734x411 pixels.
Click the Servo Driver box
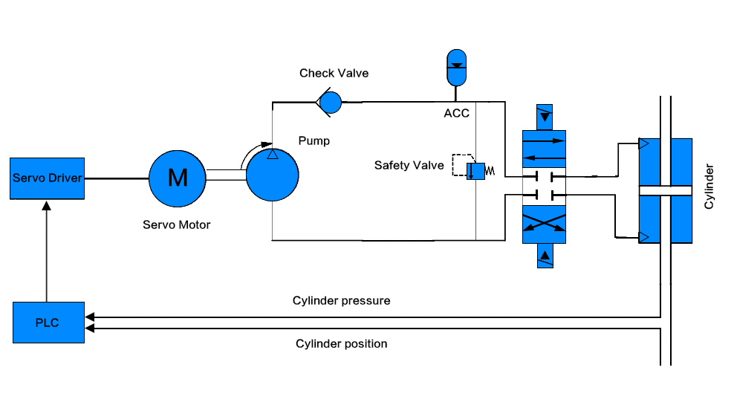(46, 178)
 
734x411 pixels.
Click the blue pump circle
(273, 174)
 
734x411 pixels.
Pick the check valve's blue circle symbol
(330, 101)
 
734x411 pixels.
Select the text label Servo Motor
(176, 224)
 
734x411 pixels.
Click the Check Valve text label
(334, 74)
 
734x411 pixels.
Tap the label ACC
(456, 114)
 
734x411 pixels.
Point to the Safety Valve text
(409, 165)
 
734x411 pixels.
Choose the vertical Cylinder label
(709, 186)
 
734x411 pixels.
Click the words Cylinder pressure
(341, 301)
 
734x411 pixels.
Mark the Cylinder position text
(341, 344)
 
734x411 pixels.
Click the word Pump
(314, 140)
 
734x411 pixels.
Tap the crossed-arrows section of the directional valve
(544, 223)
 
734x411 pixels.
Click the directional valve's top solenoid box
(545, 117)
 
